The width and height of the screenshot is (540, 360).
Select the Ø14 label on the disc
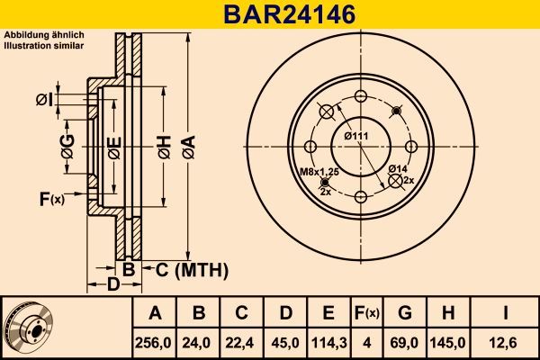pyautogui.click(x=397, y=168)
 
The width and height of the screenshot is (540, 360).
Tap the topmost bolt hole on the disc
pyautogui.click(x=361, y=97)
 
